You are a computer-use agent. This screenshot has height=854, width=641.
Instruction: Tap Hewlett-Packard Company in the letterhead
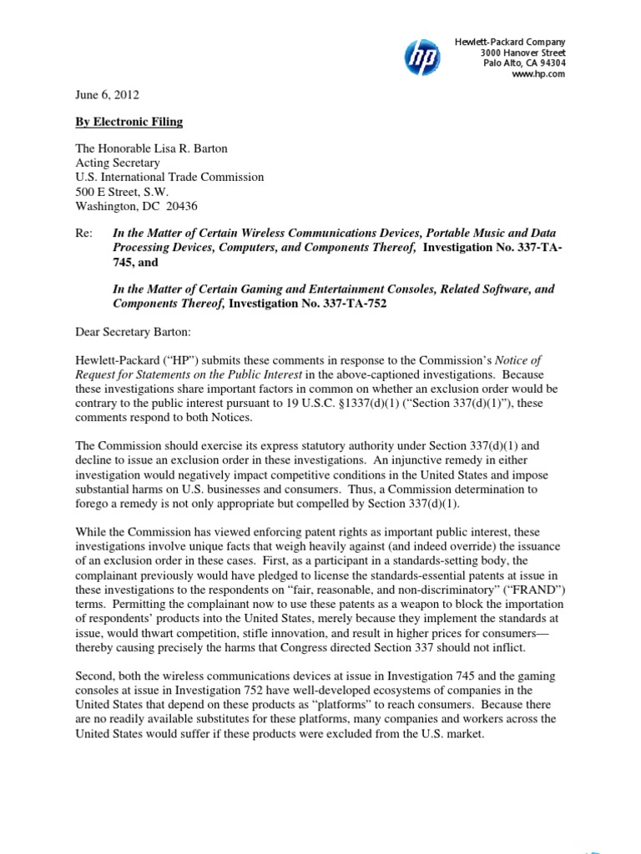pyautogui.click(x=510, y=42)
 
